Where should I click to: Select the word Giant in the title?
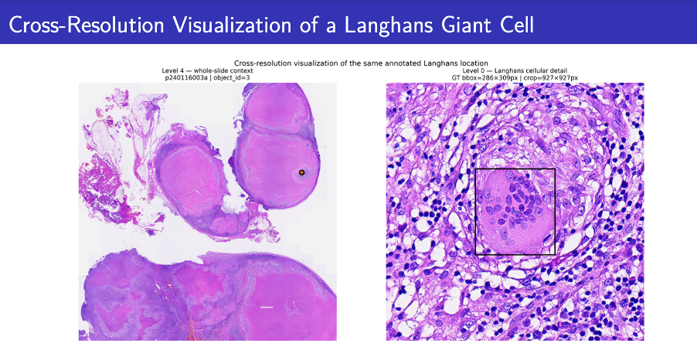[465, 25]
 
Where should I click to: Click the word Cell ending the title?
[516, 25]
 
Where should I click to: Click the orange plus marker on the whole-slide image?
[301, 172]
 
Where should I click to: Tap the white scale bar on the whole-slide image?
[267, 307]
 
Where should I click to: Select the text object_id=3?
[232, 78]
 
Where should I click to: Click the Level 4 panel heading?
[207, 70]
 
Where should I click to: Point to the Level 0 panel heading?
[515, 70]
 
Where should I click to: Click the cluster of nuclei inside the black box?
[517, 202]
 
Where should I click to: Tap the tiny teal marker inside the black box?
[515, 212]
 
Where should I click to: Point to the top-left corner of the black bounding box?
[476, 169]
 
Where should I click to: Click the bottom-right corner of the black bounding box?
[555, 255]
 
